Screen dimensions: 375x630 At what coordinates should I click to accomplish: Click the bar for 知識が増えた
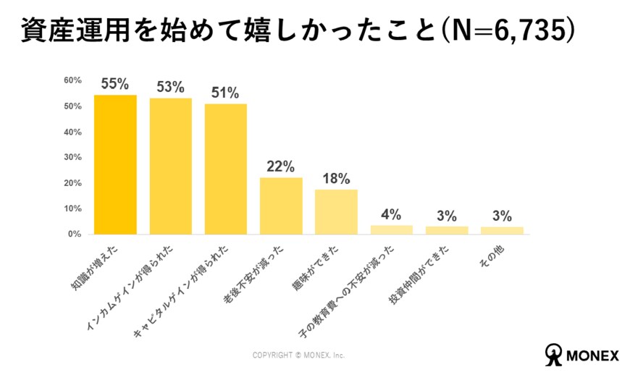pyautogui.click(x=115, y=165)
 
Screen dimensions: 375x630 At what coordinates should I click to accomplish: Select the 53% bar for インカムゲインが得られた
pyautogui.click(x=171, y=167)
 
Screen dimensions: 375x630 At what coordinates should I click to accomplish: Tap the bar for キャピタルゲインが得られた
pyautogui.click(x=226, y=169)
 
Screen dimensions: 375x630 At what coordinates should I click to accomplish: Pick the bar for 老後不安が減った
pyautogui.click(x=281, y=206)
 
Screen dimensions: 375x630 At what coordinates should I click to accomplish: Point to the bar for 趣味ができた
pyautogui.click(x=336, y=212)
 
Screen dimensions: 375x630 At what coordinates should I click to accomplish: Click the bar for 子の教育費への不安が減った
pyautogui.click(x=392, y=229)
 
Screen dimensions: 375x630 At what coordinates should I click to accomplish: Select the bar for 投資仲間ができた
pyautogui.click(x=447, y=230)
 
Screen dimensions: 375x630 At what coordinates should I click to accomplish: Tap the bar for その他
pyautogui.click(x=502, y=230)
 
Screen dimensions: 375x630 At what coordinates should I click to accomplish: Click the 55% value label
pyautogui.click(x=115, y=84)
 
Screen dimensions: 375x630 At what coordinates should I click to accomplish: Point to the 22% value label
pyautogui.click(x=281, y=167)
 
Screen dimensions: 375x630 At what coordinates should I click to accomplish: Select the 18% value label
pyautogui.click(x=336, y=178)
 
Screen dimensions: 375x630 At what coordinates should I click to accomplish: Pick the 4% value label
pyautogui.click(x=392, y=214)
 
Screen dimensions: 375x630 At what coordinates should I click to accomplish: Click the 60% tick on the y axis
pyautogui.click(x=72, y=80)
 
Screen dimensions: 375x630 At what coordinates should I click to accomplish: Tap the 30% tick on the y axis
pyautogui.click(x=72, y=157)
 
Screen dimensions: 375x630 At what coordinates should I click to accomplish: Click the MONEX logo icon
pyautogui.click(x=555, y=353)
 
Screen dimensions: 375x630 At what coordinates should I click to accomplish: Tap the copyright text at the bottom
pyautogui.click(x=298, y=355)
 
